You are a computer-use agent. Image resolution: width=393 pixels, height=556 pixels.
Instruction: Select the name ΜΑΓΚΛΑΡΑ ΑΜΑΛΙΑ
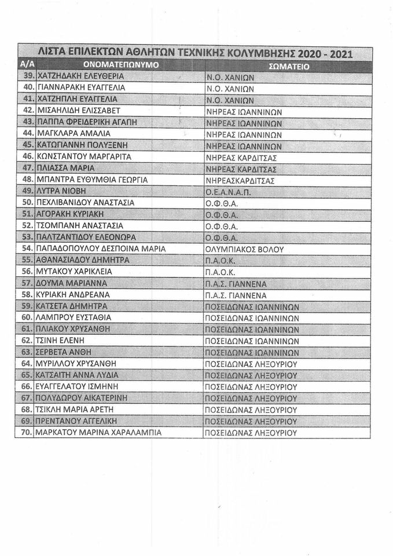74,133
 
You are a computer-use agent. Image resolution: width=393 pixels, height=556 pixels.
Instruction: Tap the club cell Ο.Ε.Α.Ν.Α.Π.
226,191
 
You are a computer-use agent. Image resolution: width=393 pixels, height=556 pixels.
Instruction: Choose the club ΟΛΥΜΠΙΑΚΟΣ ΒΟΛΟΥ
244,249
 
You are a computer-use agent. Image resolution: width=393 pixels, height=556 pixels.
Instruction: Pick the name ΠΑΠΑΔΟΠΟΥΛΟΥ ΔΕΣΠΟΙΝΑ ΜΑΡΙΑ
101,248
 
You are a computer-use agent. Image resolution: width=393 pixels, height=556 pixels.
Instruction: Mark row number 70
26,432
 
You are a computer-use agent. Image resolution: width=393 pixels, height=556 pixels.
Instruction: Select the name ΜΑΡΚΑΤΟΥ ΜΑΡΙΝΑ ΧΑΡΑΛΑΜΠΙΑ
98,433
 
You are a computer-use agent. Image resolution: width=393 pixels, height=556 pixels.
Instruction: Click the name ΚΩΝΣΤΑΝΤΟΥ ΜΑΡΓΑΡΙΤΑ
84,156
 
